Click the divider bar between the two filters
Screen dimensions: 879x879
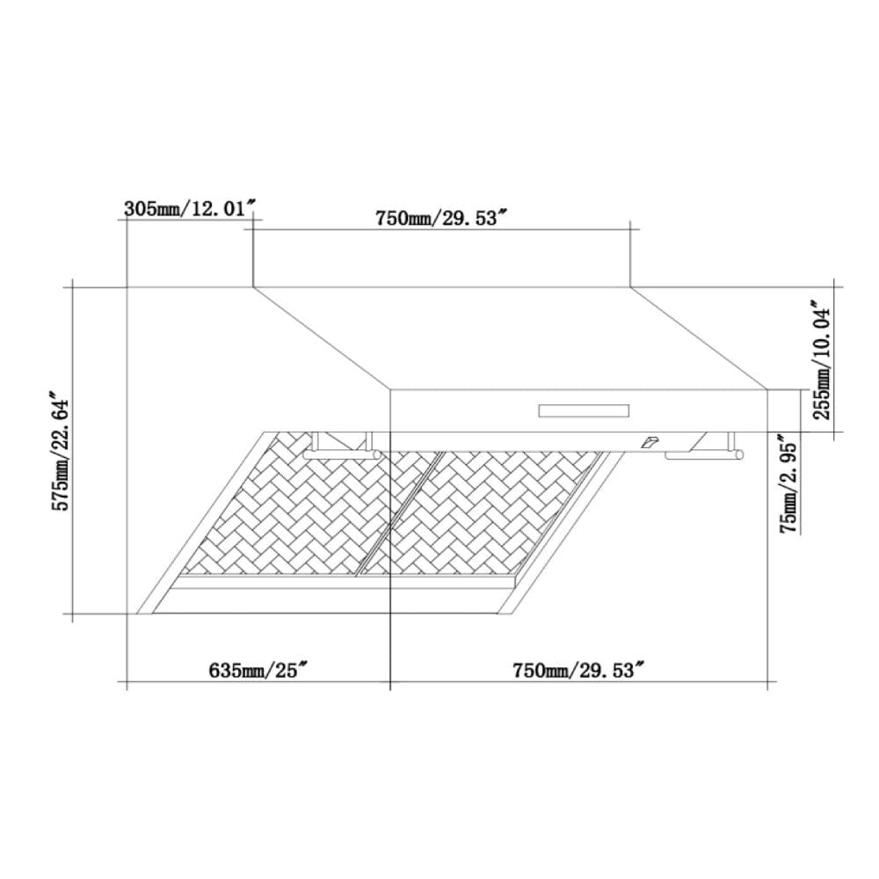[x=396, y=519]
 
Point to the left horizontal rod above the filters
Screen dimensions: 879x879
[x=343, y=454]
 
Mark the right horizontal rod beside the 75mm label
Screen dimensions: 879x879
[x=703, y=455]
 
